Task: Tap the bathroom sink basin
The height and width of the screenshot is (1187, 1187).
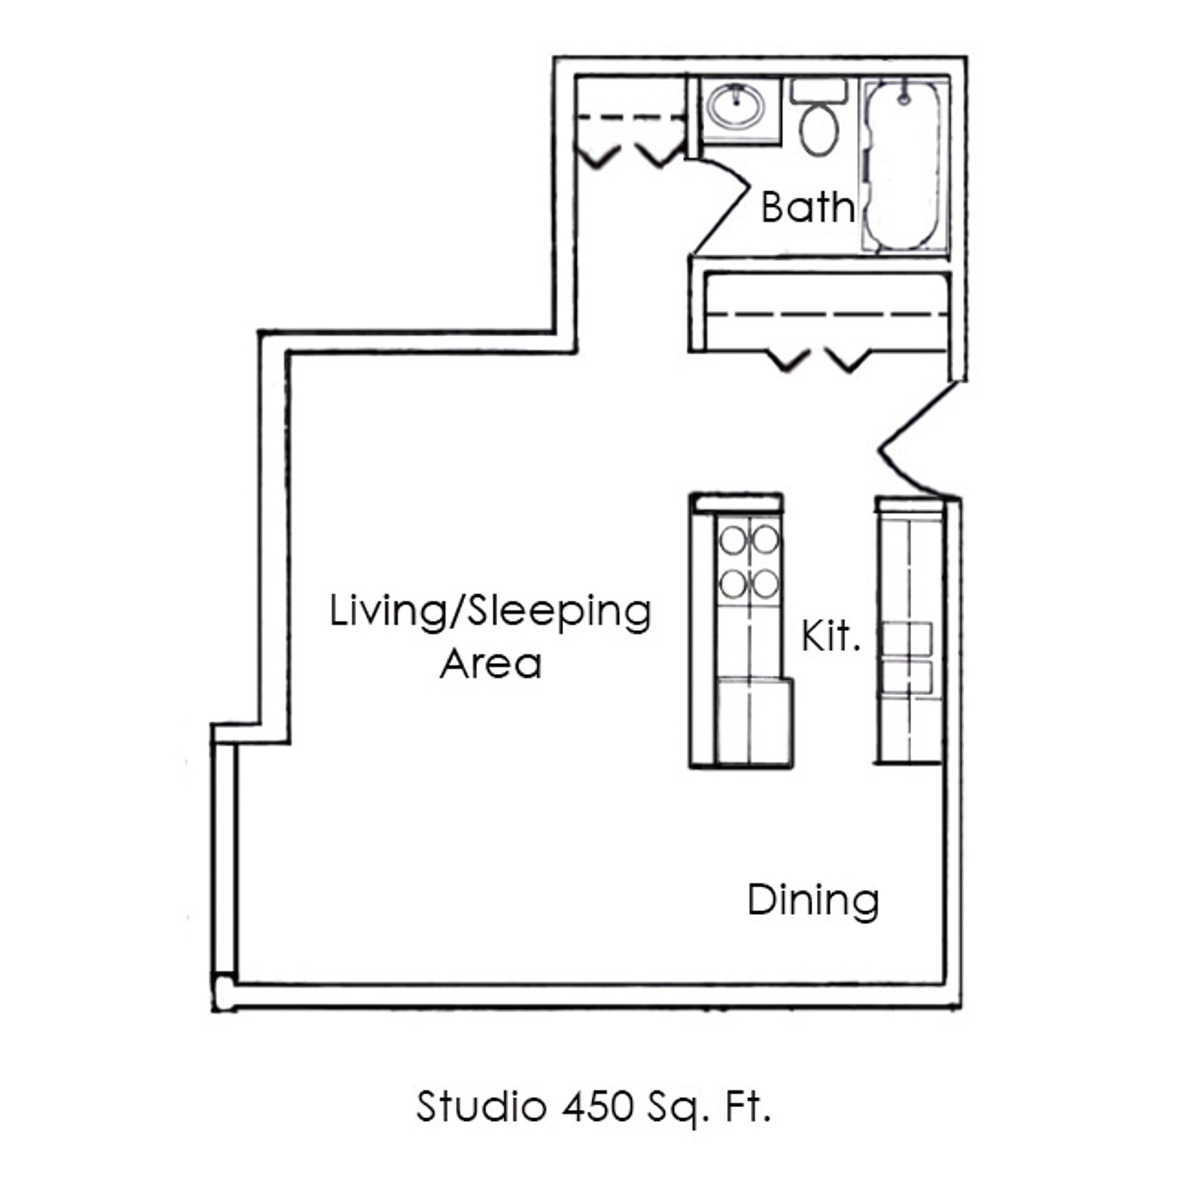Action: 736,107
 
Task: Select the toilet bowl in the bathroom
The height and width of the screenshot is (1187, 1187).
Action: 819,129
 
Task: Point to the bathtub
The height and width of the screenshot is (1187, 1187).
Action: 904,165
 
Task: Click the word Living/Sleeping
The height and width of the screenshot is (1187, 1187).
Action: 490,613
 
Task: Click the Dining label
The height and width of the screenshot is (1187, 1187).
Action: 813,901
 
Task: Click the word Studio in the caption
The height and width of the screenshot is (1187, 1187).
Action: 481,1107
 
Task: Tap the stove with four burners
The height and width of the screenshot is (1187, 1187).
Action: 749,562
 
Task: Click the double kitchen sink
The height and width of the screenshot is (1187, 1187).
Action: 906,660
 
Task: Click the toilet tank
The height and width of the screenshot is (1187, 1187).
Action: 819,91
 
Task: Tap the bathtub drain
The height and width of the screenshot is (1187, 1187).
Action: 904,98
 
